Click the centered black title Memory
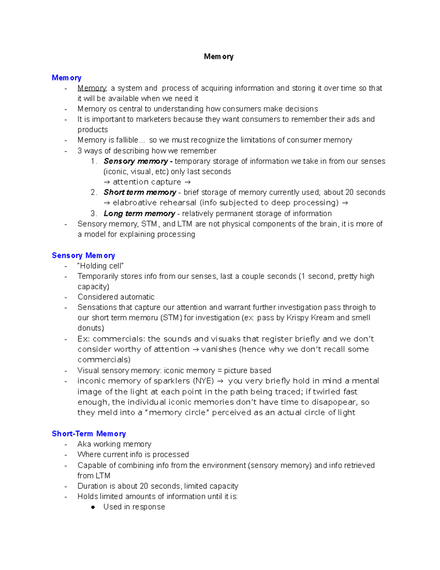pyautogui.click(x=219, y=57)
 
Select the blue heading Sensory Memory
pyautogui.click(x=83, y=255)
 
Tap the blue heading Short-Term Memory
pyautogui.click(x=89, y=434)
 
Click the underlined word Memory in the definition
pyautogui.click(x=92, y=88)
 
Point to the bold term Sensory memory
pyautogui.click(x=136, y=161)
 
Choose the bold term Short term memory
pyautogui.click(x=140, y=192)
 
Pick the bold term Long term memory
pyautogui.click(x=139, y=214)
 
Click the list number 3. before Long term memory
pyautogui.click(x=94, y=214)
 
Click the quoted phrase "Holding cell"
pyautogui.click(x=100, y=266)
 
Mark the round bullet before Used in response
pyautogui.click(x=93, y=507)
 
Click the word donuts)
pyautogui.click(x=91, y=328)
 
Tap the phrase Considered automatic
pyautogui.click(x=116, y=297)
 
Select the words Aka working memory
pyautogui.click(x=114, y=444)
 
